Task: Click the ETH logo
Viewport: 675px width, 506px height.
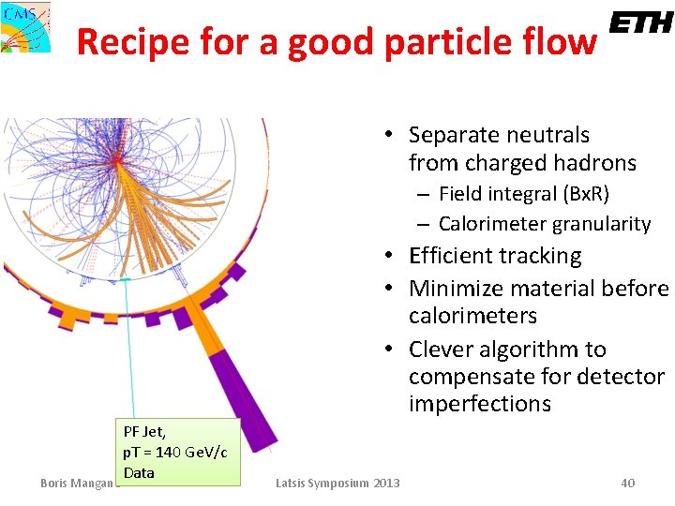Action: pyautogui.click(x=641, y=23)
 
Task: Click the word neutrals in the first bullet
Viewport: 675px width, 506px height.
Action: pyautogui.click(x=547, y=135)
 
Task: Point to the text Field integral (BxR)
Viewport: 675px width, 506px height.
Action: pyautogui.click(x=523, y=194)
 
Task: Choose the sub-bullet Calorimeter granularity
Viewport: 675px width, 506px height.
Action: pyautogui.click(x=544, y=224)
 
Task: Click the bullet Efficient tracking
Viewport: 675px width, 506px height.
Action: pyautogui.click(x=495, y=256)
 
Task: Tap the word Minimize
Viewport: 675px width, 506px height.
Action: pyautogui.click(x=456, y=288)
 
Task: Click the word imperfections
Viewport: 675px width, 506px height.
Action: pyautogui.click(x=479, y=404)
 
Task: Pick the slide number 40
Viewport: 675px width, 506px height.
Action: pyautogui.click(x=627, y=483)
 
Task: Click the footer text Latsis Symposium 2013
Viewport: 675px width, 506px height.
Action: pyautogui.click(x=337, y=483)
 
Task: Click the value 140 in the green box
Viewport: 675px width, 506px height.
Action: pyautogui.click(x=170, y=453)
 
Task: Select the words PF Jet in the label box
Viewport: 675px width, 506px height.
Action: pyautogui.click(x=144, y=432)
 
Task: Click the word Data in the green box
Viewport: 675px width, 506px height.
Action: pyautogui.click(x=139, y=472)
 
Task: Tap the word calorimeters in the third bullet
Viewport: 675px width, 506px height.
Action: pyautogui.click(x=472, y=316)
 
